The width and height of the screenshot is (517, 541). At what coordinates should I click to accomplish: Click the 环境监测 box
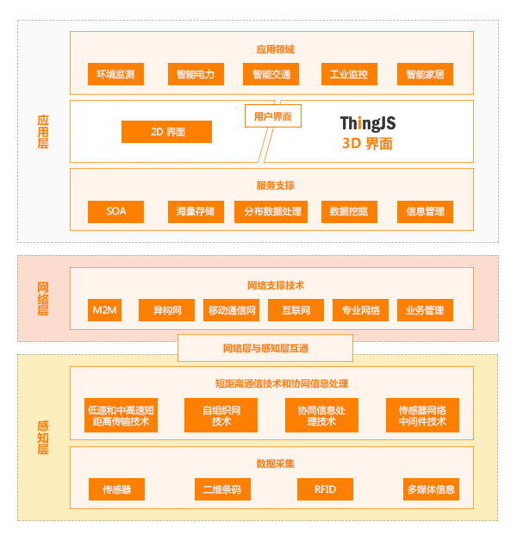115,74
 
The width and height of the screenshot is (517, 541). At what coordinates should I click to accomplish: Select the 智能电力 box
196,74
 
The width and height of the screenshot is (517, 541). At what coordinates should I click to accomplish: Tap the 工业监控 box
348,74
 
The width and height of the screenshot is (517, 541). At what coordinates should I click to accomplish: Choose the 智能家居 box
425,74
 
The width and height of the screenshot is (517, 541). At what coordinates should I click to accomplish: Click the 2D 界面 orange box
166,132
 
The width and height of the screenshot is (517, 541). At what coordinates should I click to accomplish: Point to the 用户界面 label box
273,116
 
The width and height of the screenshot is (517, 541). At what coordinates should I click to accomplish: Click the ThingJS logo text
367,123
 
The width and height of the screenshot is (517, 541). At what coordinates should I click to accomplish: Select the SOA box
115,211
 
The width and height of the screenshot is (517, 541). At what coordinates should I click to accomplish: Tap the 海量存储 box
196,211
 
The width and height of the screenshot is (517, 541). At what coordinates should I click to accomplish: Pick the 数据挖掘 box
348,211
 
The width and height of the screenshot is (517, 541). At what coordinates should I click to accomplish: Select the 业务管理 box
425,310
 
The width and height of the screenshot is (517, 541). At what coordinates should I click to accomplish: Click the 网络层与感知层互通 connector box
265,348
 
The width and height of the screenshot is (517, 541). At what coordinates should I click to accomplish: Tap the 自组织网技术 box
221,415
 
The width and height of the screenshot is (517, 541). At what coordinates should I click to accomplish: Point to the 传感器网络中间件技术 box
422,415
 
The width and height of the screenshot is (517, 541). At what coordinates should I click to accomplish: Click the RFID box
325,489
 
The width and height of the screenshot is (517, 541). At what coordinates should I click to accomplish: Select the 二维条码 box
221,489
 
